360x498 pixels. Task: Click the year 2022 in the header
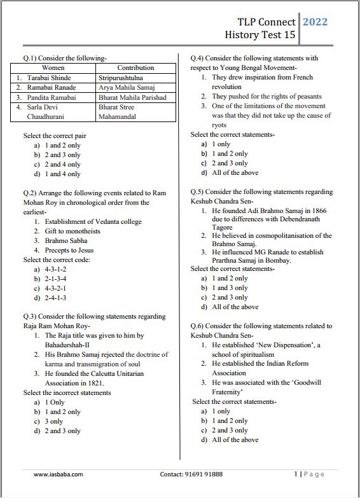(x=315, y=22)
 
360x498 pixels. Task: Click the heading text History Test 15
(x=260, y=35)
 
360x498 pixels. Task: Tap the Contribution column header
(x=135, y=67)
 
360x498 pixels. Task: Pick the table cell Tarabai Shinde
(x=48, y=78)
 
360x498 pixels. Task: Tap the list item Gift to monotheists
(x=73, y=231)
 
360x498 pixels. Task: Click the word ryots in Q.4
(x=219, y=125)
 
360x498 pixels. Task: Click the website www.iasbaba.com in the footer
(x=58, y=474)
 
